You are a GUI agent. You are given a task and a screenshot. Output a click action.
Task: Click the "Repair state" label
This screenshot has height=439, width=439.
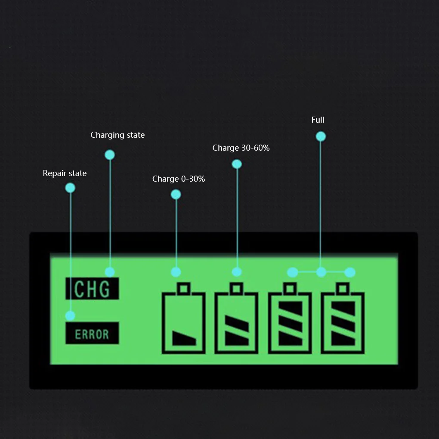65,173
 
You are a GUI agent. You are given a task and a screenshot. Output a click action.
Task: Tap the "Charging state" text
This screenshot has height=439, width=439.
117,135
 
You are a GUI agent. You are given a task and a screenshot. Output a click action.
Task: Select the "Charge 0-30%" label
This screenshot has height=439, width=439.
179,179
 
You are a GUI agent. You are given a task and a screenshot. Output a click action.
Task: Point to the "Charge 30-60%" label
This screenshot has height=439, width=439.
241,148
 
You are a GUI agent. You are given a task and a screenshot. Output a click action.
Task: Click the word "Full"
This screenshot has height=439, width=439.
318,120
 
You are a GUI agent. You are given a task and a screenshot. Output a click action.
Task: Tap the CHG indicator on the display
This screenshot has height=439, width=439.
92,289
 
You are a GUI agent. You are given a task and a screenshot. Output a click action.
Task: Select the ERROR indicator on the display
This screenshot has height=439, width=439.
92,333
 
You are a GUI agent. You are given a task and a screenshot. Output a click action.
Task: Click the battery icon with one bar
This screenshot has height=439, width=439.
184,318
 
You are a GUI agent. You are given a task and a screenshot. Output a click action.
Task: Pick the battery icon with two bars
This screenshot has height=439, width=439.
236,318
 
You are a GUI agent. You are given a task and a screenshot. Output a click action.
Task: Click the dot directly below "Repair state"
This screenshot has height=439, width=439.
70,188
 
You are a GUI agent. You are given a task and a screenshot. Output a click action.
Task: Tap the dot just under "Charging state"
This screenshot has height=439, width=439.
110,155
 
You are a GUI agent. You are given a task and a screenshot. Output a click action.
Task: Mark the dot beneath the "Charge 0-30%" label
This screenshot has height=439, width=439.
176,195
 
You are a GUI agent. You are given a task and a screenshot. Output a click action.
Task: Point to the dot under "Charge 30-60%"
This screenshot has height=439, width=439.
237,164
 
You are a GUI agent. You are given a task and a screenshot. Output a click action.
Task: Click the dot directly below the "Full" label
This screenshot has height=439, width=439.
321,136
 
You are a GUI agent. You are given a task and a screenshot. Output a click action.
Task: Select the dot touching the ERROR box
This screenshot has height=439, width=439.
70,316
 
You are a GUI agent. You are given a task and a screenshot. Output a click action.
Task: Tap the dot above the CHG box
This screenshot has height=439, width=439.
110,272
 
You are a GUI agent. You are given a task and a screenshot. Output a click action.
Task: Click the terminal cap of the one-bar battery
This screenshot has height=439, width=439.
184,288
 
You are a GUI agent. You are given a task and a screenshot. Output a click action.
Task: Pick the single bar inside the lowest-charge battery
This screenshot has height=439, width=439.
184,338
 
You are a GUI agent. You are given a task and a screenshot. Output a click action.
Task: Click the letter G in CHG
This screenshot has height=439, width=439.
105,289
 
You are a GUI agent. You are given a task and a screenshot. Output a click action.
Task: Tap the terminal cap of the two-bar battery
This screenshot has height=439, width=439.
236,288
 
